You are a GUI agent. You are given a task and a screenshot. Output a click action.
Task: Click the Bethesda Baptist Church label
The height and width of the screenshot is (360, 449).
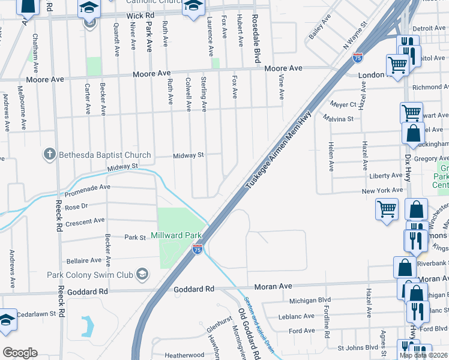pos(104,155)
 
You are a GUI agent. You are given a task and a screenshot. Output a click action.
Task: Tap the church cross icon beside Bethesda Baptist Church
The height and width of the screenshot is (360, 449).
pos(50,155)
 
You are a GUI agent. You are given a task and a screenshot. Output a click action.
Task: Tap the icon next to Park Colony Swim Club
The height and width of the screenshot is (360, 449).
pos(142,274)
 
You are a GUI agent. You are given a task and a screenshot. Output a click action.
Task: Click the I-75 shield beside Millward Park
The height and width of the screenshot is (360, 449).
pos(197,248)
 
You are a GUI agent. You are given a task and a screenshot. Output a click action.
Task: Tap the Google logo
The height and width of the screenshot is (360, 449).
pos(20,353)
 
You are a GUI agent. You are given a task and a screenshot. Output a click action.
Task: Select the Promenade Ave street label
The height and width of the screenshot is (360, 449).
pos(88,187)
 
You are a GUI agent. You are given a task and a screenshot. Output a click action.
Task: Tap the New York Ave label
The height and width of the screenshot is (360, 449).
pos(382,190)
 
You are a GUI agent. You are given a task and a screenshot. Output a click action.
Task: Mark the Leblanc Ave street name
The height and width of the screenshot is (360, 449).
pos(292,316)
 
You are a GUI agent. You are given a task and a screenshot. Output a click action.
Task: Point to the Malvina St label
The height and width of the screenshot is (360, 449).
pos(338,119)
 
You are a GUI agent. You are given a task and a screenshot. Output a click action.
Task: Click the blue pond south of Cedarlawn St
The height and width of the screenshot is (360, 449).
pos(88,325)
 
